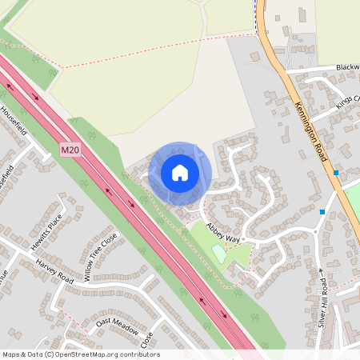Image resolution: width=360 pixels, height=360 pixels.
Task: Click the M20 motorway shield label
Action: click(70, 149)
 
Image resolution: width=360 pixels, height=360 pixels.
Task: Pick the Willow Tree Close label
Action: click(100, 257)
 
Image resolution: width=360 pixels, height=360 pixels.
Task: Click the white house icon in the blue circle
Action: click(179, 173)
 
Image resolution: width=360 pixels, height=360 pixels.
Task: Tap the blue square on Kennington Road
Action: click(336, 173)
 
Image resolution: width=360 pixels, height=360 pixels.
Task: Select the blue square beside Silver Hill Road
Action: click(322, 212)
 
